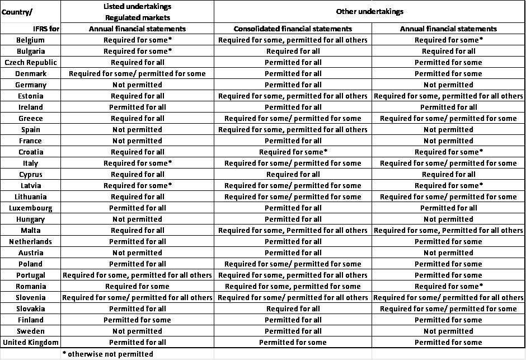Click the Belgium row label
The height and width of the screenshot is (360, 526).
tap(30, 40)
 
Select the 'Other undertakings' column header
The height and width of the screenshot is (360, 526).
tap(369, 11)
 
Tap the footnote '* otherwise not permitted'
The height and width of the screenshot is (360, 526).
tap(108, 354)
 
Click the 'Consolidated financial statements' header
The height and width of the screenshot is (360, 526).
tap(293, 29)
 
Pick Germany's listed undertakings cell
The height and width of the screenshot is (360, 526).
tap(137, 85)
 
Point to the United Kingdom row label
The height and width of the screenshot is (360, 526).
tap(30, 342)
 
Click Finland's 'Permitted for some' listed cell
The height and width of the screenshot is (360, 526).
tap(137, 320)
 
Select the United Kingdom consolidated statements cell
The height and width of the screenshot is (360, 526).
tap(293, 342)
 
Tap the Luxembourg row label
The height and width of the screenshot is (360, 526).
tap(30, 208)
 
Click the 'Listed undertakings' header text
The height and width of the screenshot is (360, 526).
tap(137, 6)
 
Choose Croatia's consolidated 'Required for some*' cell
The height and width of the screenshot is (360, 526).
tap(293, 152)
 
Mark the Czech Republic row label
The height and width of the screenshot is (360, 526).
tap(30, 62)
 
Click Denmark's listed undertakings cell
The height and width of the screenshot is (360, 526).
tap(137, 73)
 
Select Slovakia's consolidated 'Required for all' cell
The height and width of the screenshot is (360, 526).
tap(293, 308)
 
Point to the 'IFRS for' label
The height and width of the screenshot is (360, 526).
tap(46, 29)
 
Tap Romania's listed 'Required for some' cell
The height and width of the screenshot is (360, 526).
tap(137, 286)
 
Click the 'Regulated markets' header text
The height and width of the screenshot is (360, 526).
tap(137, 17)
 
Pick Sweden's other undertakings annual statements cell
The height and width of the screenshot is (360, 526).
tap(448, 331)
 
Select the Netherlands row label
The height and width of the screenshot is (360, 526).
tap(30, 241)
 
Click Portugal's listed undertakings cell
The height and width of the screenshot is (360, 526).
tap(137, 275)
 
